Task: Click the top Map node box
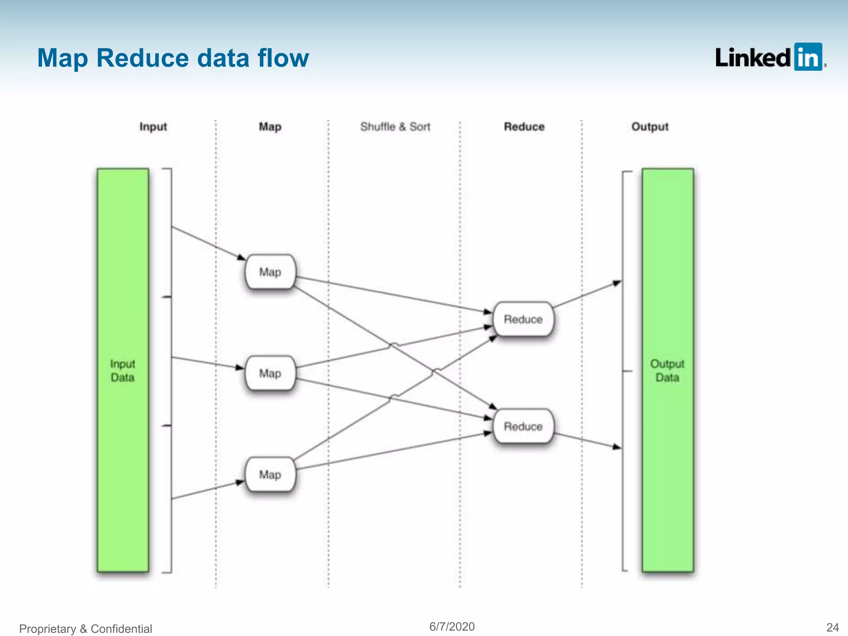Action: tap(270, 272)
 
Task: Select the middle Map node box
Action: tap(270, 373)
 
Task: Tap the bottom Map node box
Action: tap(270, 475)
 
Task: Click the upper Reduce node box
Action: tap(523, 319)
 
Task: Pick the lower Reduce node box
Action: tap(523, 426)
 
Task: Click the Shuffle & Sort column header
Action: tap(395, 127)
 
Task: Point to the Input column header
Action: tap(153, 127)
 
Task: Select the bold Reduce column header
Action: tap(524, 127)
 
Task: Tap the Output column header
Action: tap(650, 127)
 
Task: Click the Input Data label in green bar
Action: tap(123, 371)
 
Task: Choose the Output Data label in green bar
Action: tap(667, 371)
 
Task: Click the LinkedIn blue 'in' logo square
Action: tap(808, 57)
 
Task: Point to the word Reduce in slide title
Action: tap(142, 58)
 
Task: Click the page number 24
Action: tap(832, 627)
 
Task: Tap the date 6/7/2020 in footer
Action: tap(452, 626)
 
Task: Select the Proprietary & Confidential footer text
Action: tap(86, 629)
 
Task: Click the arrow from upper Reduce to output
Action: tap(587, 295)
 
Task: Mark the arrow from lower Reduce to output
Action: tap(587, 440)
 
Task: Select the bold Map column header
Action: tap(270, 127)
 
